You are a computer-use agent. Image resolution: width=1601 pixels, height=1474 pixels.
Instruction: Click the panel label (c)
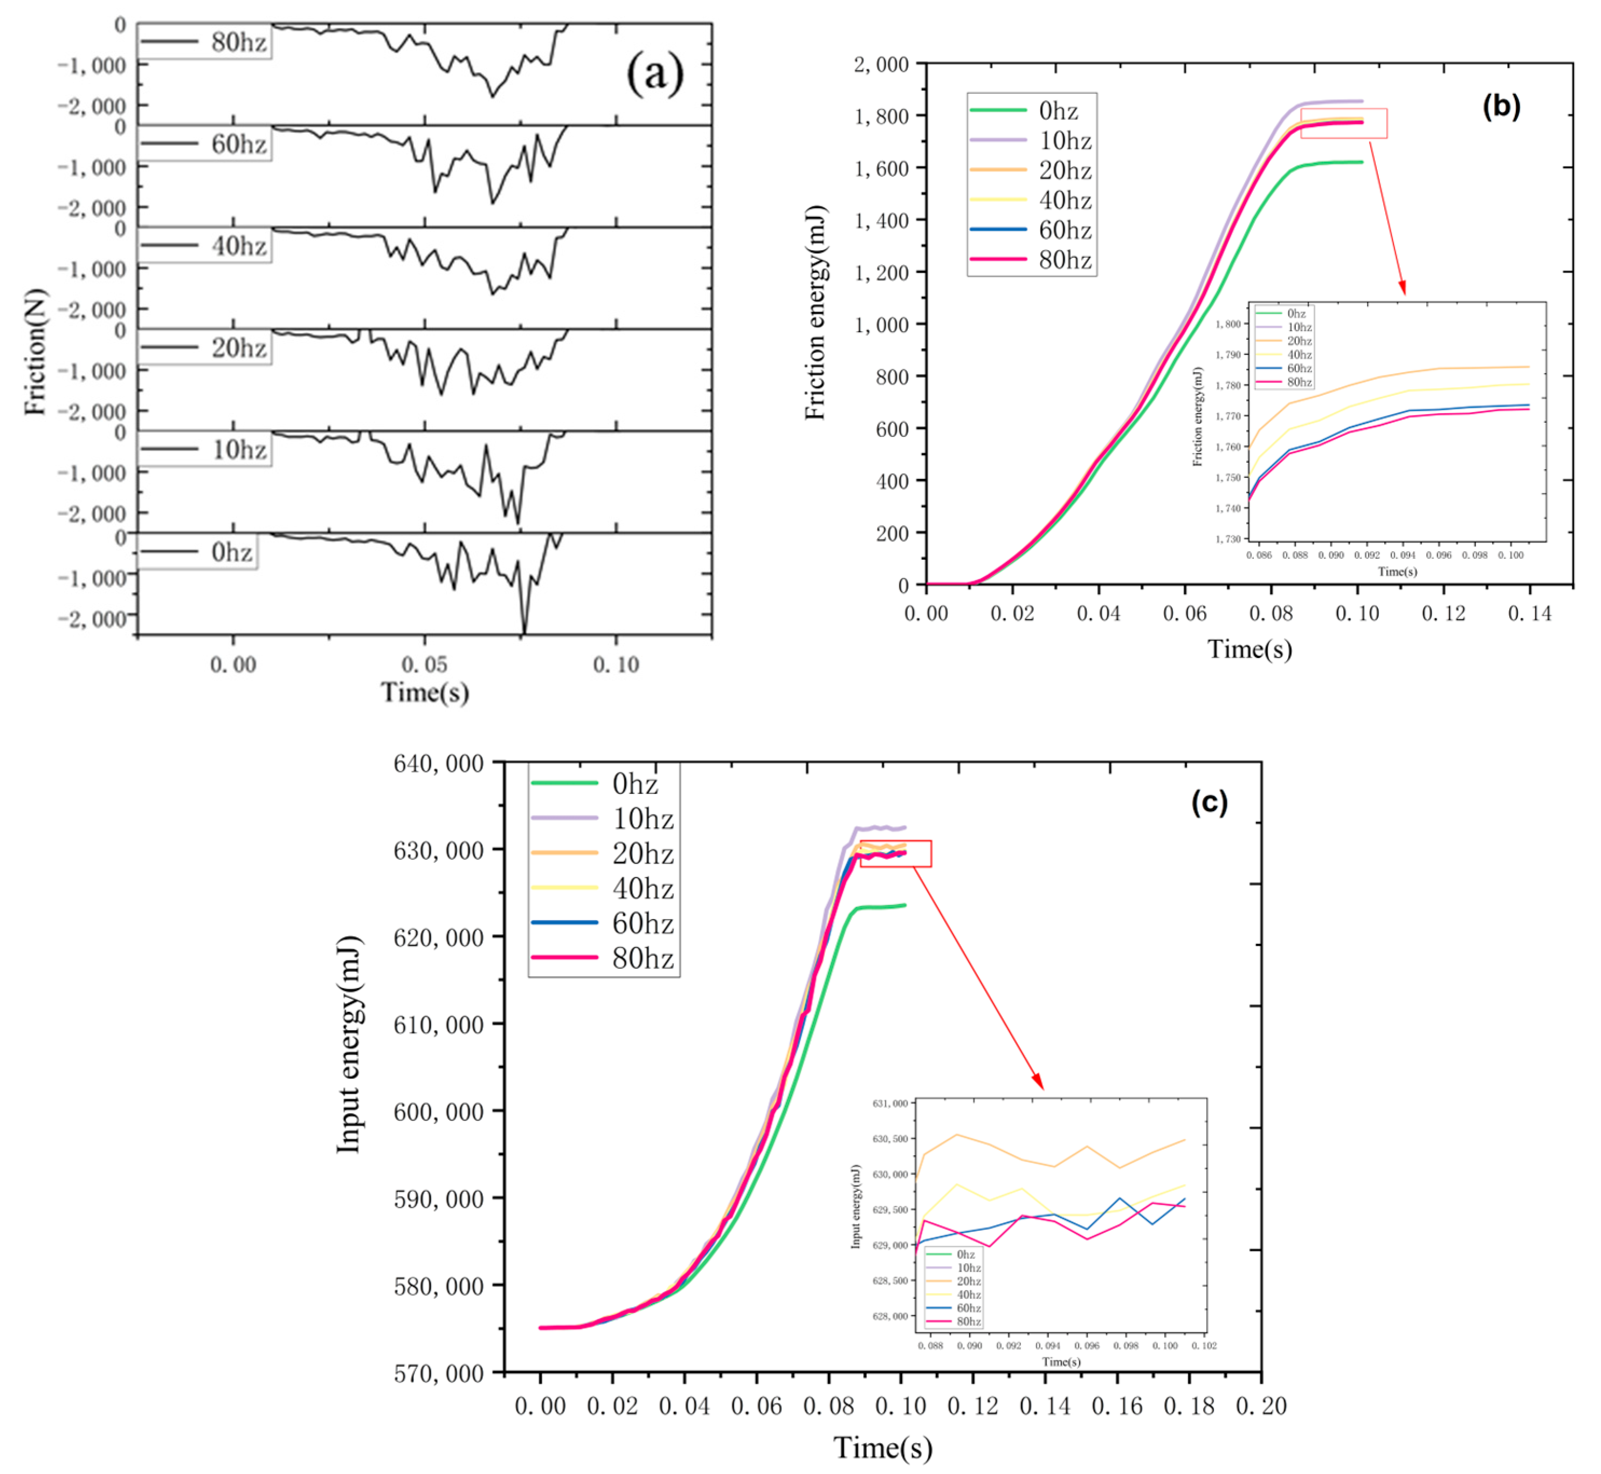click(x=1209, y=801)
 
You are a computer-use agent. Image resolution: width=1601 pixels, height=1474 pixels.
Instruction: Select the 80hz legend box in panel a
click(x=204, y=42)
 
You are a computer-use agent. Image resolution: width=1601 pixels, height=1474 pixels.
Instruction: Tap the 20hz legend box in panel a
click(x=204, y=348)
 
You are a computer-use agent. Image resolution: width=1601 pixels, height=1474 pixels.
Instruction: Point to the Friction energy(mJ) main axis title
click(x=815, y=313)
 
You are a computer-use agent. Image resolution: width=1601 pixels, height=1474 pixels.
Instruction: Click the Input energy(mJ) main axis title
click(x=348, y=1045)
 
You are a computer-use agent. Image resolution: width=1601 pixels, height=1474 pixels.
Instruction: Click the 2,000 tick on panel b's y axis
click(x=880, y=64)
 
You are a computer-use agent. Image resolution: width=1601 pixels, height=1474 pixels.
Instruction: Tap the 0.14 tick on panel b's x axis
click(x=1529, y=613)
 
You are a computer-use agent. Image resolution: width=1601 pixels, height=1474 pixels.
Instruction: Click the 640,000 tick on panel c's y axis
click(x=438, y=763)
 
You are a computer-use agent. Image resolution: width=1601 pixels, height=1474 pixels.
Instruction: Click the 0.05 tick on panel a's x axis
click(x=424, y=664)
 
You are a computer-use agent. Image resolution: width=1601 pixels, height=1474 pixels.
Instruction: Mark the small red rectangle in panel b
click(x=1343, y=124)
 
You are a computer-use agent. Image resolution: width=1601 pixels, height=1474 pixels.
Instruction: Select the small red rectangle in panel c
click(x=895, y=853)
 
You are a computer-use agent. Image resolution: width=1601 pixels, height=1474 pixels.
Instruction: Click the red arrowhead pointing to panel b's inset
click(x=1403, y=288)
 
